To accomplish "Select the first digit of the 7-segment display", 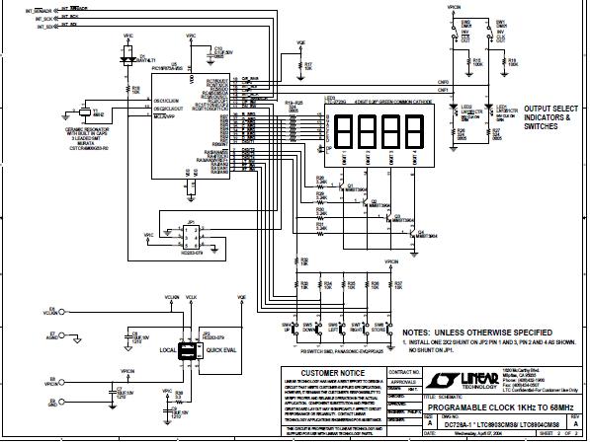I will (346, 132).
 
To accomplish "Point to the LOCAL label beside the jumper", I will (168, 349).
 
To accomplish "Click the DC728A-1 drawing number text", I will (435, 422).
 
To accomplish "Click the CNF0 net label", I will (443, 83).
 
